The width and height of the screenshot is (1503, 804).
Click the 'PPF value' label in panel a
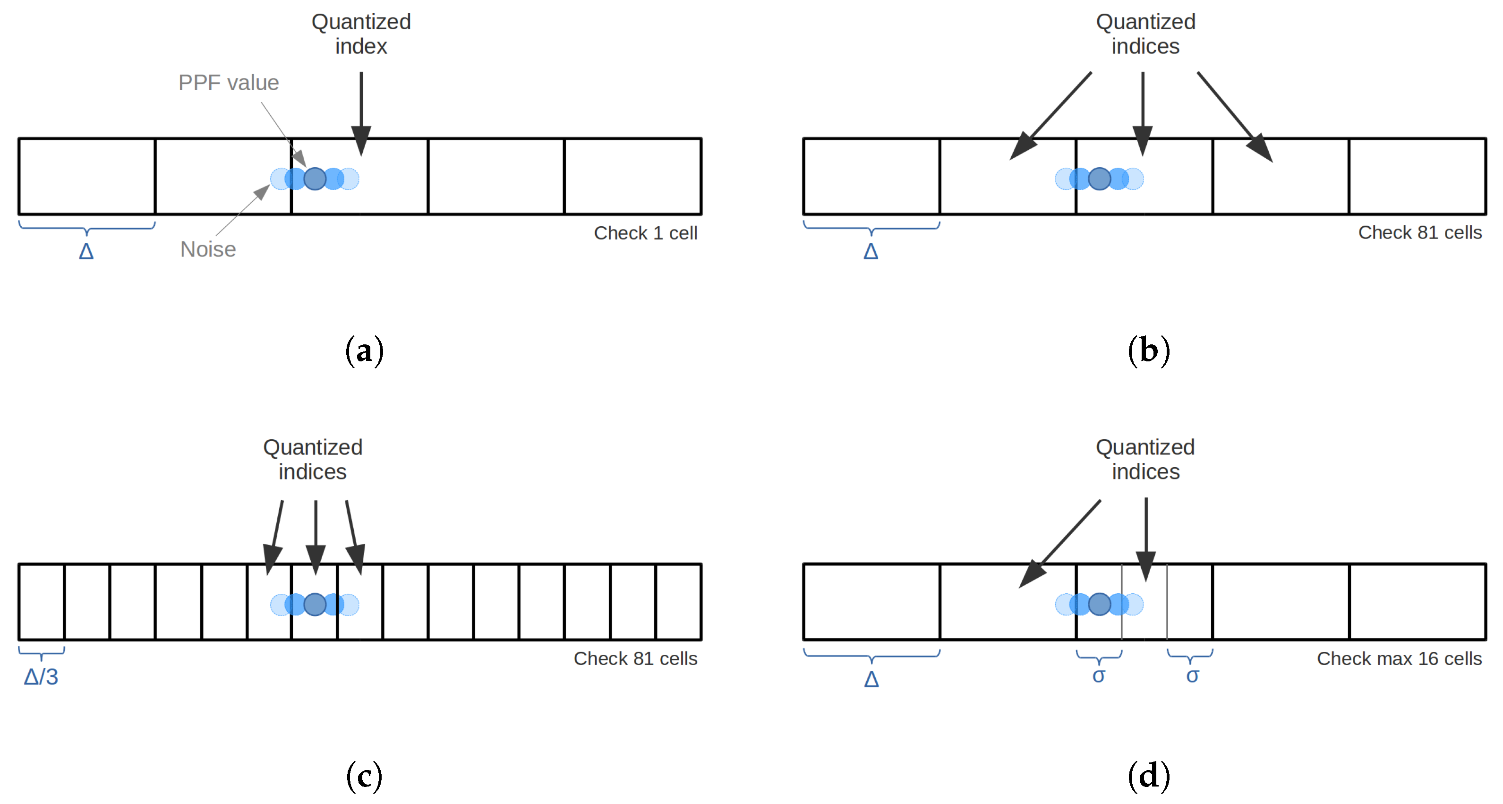click(228, 83)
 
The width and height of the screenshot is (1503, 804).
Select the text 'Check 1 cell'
click(645, 233)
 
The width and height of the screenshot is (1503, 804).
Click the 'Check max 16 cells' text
click(1399, 659)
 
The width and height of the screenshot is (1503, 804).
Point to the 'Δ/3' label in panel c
click(41, 677)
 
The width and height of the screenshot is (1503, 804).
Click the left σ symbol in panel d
click(1099, 676)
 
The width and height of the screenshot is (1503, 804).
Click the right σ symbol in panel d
click(1193, 676)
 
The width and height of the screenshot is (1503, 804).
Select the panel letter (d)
click(1148, 777)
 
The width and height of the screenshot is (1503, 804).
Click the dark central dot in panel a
click(315, 179)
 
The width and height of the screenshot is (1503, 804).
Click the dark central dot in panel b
click(1100, 179)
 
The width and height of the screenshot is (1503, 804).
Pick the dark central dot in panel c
click(315, 605)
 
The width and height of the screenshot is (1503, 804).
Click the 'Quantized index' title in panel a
click(361, 34)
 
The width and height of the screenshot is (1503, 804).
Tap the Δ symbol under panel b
click(871, 251)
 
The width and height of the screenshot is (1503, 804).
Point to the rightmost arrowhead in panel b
click(1261, 149)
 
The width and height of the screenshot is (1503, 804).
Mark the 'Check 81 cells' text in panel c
click(635, 659)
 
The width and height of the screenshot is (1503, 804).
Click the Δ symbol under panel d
click(871, 679)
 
